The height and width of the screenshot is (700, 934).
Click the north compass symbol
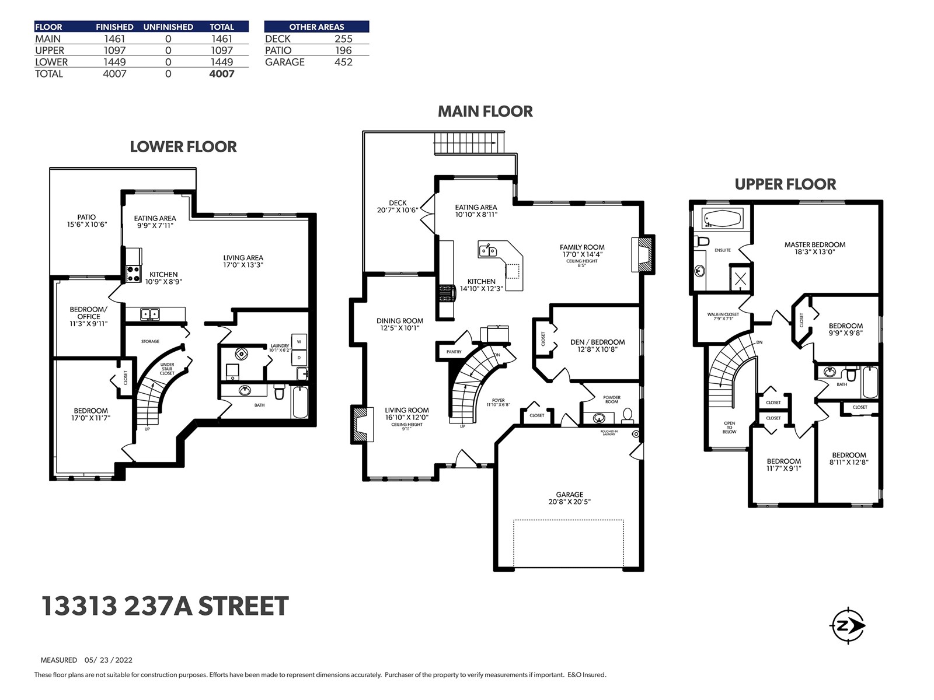tap(847, 625)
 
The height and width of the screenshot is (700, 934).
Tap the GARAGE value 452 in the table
tap(343, 62)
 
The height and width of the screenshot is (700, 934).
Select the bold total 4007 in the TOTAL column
tap(222, 74)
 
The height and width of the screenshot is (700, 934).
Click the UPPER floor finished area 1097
tap(114, 50)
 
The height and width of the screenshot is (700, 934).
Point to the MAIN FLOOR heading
tap(485, 111)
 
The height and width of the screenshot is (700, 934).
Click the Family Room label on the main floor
tap(582, 247)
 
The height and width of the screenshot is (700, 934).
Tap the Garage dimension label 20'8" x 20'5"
tap(569, 502)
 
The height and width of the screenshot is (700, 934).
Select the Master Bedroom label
tap(815, 244)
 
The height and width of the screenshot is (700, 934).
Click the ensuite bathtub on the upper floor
tap(722, 218)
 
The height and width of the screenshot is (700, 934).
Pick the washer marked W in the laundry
tap(299, 341)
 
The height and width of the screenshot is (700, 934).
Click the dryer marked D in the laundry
tap(299, 358)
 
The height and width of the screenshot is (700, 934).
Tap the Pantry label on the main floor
tap(454, 352)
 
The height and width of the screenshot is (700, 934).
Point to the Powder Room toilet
tap(627, 415)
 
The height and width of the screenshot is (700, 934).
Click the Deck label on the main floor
tap(398, 203)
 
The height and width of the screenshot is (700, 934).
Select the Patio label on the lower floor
tap(86, 217)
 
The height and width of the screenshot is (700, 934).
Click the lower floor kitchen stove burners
tap(134, 273)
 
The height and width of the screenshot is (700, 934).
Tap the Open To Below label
tap(729, 427)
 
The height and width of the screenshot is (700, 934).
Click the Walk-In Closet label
tap(723, 314)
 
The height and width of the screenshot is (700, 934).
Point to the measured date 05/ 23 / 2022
tap(109, 660)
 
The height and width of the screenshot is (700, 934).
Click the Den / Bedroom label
tap(597, 342)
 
